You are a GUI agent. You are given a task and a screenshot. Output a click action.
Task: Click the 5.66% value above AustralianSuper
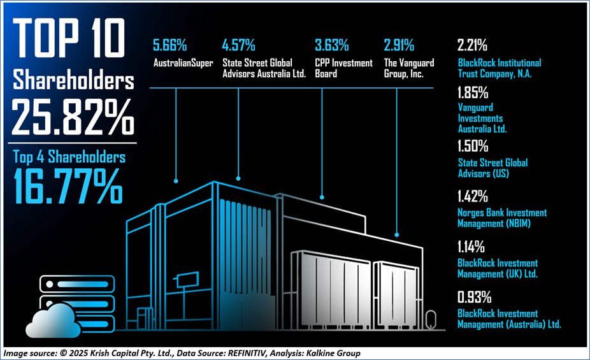coord(169,46)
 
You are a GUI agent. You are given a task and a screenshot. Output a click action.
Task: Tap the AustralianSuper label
coord(183,63)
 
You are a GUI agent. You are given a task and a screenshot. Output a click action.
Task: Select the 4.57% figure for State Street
coord(238,46)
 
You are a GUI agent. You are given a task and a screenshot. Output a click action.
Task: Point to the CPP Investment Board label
coord(344,68)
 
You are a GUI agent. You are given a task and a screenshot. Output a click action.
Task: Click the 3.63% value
coord(331,46)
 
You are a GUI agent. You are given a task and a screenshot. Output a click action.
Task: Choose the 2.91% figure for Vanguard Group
coord(399,46)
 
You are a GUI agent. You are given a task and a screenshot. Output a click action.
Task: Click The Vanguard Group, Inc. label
coord(408,68)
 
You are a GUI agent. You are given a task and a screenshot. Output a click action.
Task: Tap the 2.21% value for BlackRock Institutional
coord(472,46)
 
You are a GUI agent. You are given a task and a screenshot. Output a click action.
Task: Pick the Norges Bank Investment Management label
coord(502,217)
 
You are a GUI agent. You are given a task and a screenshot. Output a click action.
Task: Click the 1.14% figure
coord(471,247)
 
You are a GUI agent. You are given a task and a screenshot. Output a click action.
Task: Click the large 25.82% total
coord(73,115)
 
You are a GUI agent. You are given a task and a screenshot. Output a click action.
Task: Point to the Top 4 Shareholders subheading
coord(69,157)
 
